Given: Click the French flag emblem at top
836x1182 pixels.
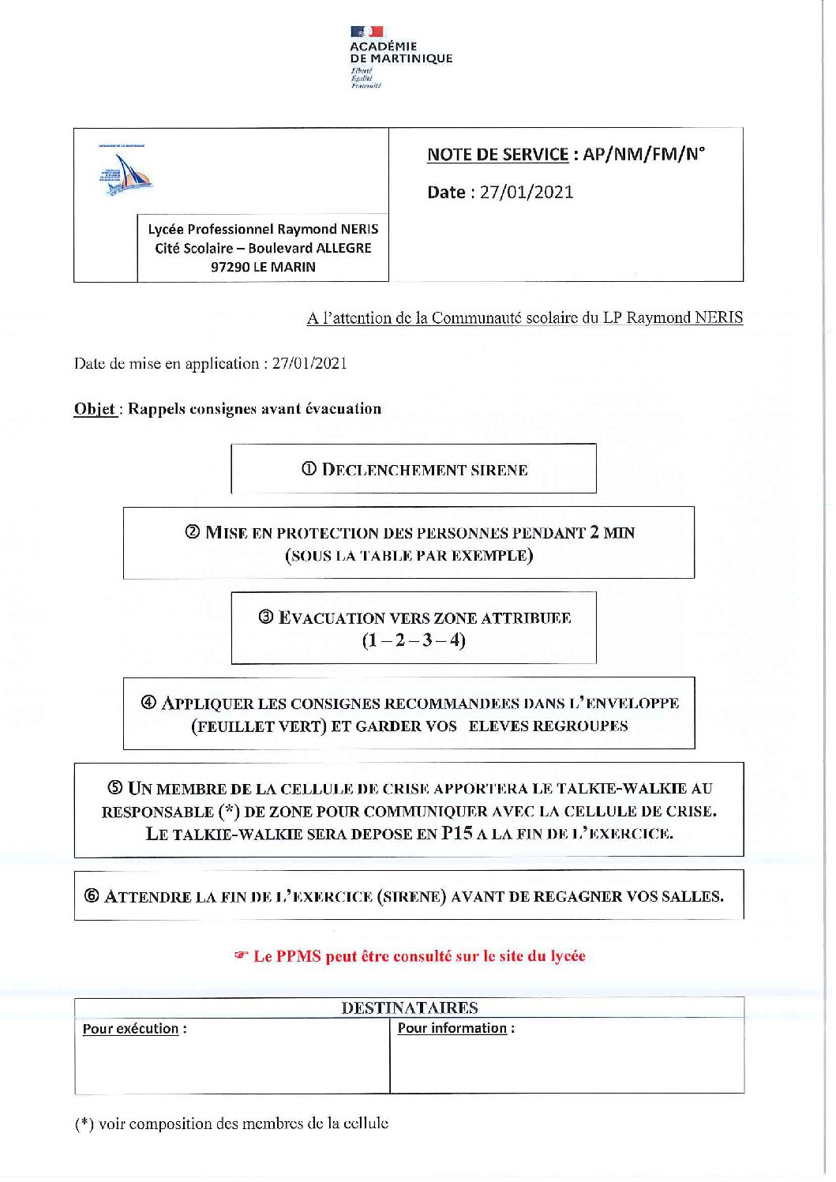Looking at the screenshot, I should pyautogui.click(x=367, y=32).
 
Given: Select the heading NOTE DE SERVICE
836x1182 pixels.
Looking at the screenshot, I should pyautogui.click(x=497, y=154).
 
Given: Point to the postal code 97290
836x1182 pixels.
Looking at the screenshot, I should pyautogui.click(x=230, y=267).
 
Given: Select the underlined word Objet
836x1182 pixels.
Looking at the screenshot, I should pyautogui.click(x=95, y=409).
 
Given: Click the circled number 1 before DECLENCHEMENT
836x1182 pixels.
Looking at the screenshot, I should pyautogui.click(x=309, y=470).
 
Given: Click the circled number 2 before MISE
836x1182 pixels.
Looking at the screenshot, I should pyautogui.click(x=193, y=532).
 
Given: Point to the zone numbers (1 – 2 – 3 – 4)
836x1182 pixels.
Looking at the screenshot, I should pyautogui.click(x=414, y=640).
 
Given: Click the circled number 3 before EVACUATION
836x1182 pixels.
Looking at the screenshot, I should pyautogui.click(x=266, y=617).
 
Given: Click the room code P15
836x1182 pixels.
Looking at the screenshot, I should pyautogui.click(x=457, y=833).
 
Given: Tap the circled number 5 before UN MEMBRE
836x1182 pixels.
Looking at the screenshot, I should pyautogui.click(x=115, y=788).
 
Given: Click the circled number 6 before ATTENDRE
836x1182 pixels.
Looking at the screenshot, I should pyautogui.click(x=92, y=896).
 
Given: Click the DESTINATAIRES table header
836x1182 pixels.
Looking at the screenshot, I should pyautogui.click(x=409, y=1008).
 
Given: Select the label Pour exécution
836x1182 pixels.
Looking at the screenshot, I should pyautogui.click(x=131, y=1029).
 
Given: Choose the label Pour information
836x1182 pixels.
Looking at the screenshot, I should pyautogui.click(x=452, y=1028).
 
